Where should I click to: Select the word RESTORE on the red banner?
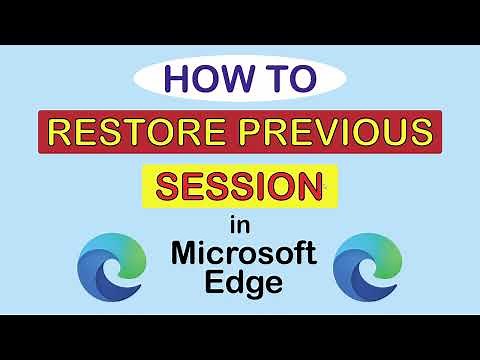tap(140, 132)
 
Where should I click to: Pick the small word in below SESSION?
tap(239, 223)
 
